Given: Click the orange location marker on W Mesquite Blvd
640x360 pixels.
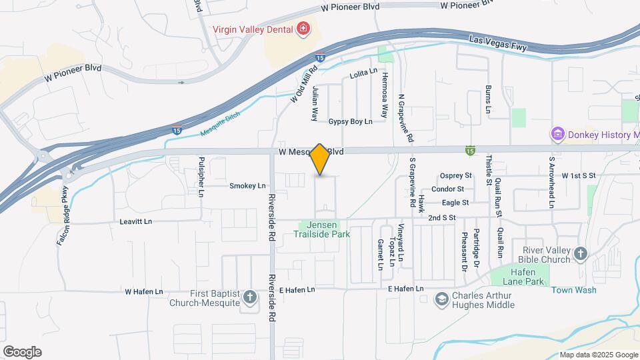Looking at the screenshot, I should (x=320, y=159).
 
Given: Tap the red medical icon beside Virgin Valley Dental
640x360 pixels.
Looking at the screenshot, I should (x=303, y=29).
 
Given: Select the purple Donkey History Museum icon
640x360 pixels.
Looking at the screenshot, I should (x=557, y=135).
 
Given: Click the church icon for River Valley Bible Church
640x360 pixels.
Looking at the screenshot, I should (x=581, y=253).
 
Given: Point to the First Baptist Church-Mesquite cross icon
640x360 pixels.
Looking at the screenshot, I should (x=250, y=297).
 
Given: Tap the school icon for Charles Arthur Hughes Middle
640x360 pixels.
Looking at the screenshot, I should (x=441, y=299).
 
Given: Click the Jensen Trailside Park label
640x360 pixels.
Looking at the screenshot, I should (x=322, y=229).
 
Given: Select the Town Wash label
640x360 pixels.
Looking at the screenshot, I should (x=573, y=290).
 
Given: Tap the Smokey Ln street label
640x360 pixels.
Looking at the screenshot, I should (x=247, y=186).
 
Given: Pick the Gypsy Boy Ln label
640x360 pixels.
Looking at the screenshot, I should (x=350, y=122).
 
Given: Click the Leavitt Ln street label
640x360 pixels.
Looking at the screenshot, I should (x=136, y=221).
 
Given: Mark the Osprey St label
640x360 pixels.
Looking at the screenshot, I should (x=455, y=176).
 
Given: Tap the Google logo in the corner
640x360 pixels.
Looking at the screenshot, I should (x=22, y=352).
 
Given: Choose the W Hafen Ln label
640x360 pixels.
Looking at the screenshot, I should (x=143, y=292).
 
